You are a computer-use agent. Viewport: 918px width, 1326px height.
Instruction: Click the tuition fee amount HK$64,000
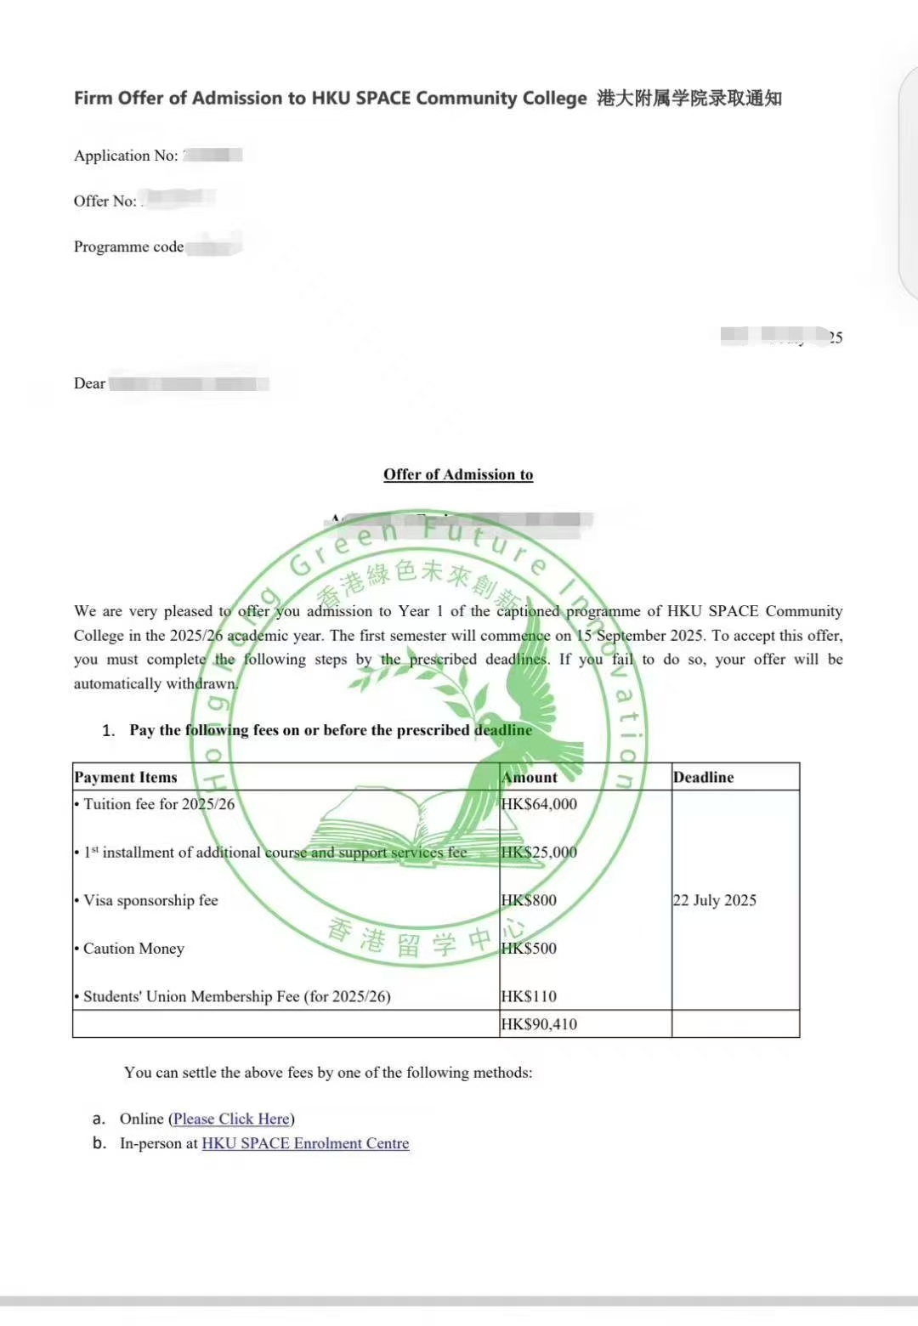coord(539,804)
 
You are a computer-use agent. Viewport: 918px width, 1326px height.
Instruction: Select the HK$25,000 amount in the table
coord(539,853)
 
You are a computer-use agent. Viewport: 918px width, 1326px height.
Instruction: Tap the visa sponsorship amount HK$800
coord(529,900)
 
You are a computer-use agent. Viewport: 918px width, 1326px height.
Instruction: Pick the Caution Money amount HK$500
coord(529,949)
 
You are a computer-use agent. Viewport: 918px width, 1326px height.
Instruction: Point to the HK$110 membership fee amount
coord(529,996)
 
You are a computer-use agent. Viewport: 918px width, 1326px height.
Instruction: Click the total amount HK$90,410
coord(539,1024)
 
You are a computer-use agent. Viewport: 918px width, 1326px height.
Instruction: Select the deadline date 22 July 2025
coord(714,900)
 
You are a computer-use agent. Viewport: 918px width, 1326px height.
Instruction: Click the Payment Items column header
coord(126,777)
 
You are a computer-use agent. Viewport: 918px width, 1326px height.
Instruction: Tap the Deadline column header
coord(703,777)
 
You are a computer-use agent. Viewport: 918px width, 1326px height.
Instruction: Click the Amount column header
coord(530,777)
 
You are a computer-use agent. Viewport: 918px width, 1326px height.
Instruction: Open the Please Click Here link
coord(231,1119)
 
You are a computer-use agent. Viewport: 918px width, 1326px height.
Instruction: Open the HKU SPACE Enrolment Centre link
coord(305,1143)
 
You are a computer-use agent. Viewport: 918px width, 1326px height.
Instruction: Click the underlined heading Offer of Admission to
coord(458,474)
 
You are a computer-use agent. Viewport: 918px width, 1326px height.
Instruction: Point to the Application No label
coord(126,156)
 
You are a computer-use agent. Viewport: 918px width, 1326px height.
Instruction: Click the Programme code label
coord(128,246)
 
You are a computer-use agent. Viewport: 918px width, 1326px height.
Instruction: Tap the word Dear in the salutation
coord(89,383)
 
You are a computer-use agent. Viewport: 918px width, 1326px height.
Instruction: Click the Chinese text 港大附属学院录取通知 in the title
coord(688,98)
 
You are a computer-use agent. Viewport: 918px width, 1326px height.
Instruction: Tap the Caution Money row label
coord(133,949)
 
